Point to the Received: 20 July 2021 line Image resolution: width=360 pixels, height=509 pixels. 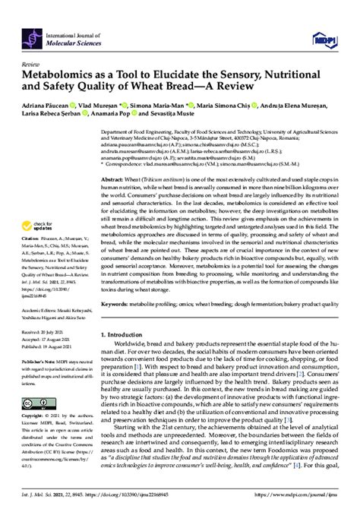tap(52, 311)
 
